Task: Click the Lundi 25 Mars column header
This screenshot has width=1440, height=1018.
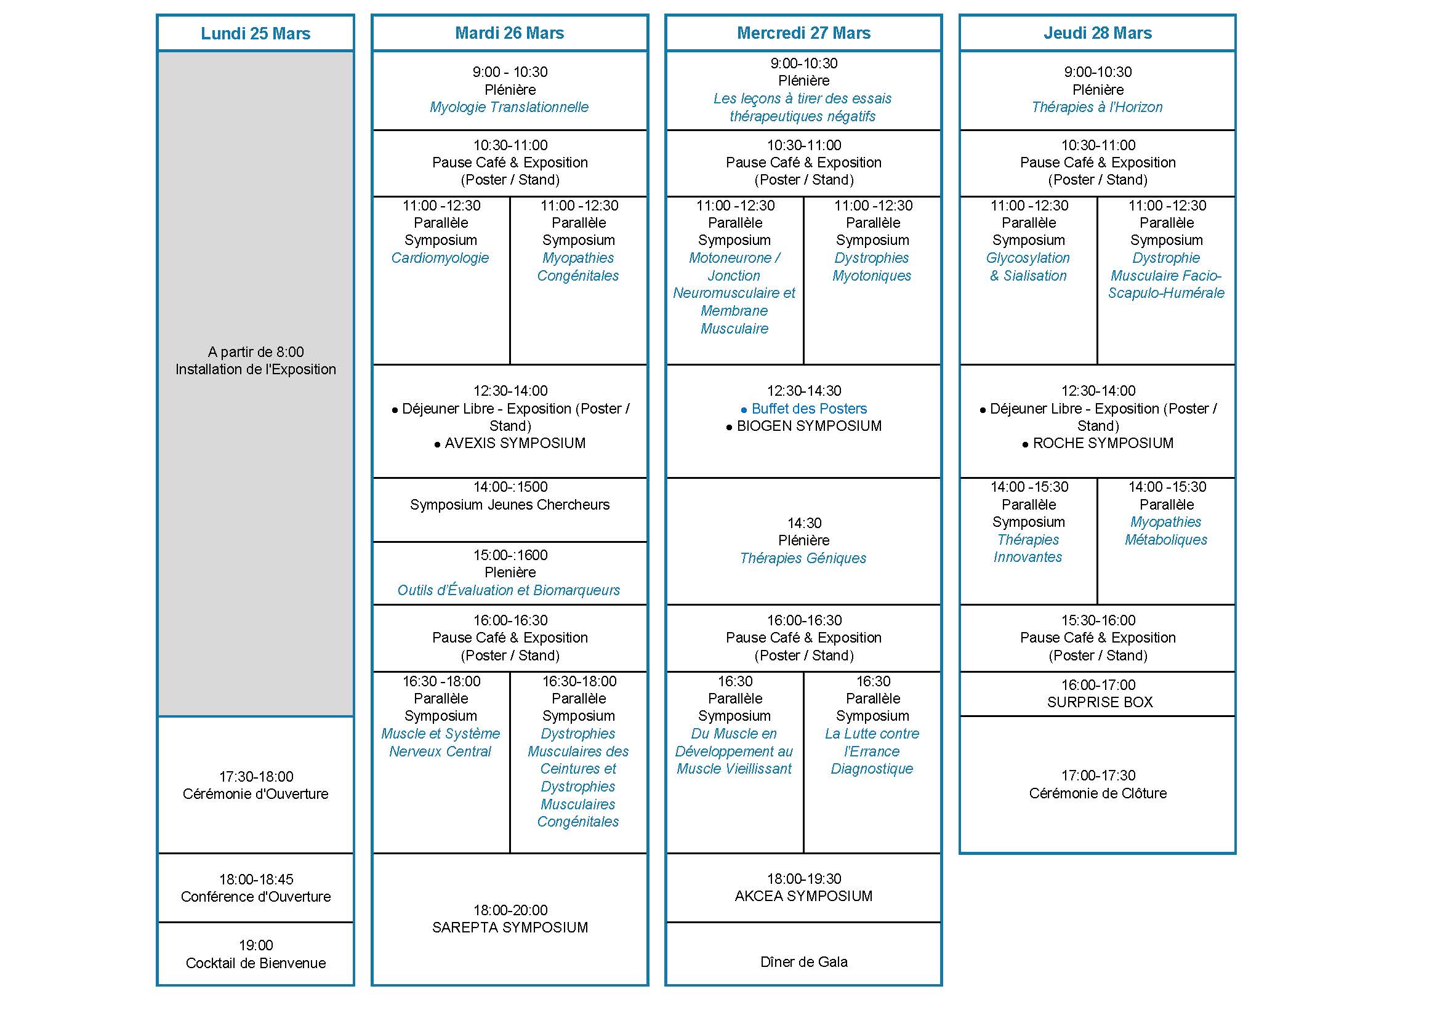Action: (x=255, y=33)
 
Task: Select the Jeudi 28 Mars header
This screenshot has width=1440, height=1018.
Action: (x=1097, y=33)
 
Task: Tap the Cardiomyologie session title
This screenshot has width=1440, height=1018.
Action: (x=440, y=258)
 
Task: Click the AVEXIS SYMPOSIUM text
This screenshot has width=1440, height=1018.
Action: (x=514, y=443)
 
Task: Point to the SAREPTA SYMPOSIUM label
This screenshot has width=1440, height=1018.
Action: (x=510, y=927)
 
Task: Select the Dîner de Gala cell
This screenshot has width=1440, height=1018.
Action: (x=803, y=961)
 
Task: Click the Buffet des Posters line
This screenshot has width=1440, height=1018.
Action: (x=808, y=409)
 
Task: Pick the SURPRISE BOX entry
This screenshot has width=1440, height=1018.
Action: (x=1100, y=702)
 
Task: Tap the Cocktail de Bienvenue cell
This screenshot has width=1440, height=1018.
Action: (x=255, y=963)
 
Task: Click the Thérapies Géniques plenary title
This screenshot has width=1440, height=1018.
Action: (x=803, y=558)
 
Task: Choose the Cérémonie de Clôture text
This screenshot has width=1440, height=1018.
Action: (x=1098, y=793)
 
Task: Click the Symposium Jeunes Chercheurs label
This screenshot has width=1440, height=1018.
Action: (x=509, y=505)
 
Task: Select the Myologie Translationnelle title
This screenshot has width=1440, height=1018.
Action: (x=509, y=107)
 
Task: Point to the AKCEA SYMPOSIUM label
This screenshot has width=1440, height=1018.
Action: (x=803, y=896)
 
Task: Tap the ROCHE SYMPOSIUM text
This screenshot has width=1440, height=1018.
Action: (x=1103, y=443)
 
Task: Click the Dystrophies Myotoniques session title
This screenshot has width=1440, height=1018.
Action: (x=872, y=267)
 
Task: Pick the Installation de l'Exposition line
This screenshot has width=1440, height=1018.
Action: (x=255, y=369)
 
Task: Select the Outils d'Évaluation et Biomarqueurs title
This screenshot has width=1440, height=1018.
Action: (x=509, y=590)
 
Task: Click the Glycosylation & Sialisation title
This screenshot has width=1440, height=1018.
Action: (x=1028, y=267)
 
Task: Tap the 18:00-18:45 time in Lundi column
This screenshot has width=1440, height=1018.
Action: (x=256, y=879)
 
